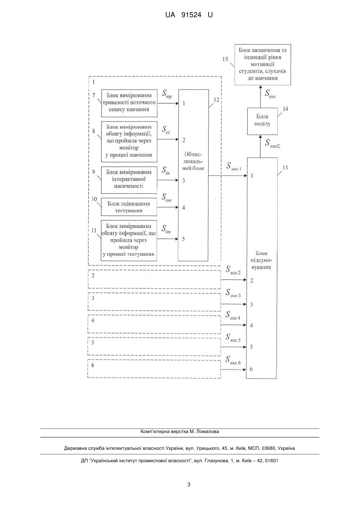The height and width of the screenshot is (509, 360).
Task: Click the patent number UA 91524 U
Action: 189,15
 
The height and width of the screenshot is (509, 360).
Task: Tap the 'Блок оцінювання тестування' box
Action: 129,207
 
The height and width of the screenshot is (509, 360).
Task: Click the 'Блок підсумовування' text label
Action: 261,260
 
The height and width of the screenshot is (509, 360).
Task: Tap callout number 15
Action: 225,59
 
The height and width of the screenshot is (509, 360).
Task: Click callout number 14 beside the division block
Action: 285,109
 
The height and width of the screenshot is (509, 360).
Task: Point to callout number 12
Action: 217,100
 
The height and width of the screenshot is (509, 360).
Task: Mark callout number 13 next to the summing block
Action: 285,168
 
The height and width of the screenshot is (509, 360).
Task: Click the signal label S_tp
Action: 167,94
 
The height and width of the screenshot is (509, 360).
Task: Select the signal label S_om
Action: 167,198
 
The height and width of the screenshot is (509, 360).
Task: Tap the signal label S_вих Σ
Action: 272,144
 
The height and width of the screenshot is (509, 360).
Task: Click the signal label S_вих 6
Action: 233,360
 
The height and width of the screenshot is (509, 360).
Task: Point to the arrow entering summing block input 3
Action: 234,304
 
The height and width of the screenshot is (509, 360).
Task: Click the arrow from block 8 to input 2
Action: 168,139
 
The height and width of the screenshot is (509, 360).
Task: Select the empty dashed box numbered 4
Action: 154,324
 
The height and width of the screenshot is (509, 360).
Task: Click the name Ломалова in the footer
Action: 209,431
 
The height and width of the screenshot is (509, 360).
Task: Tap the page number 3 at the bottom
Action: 189,485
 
